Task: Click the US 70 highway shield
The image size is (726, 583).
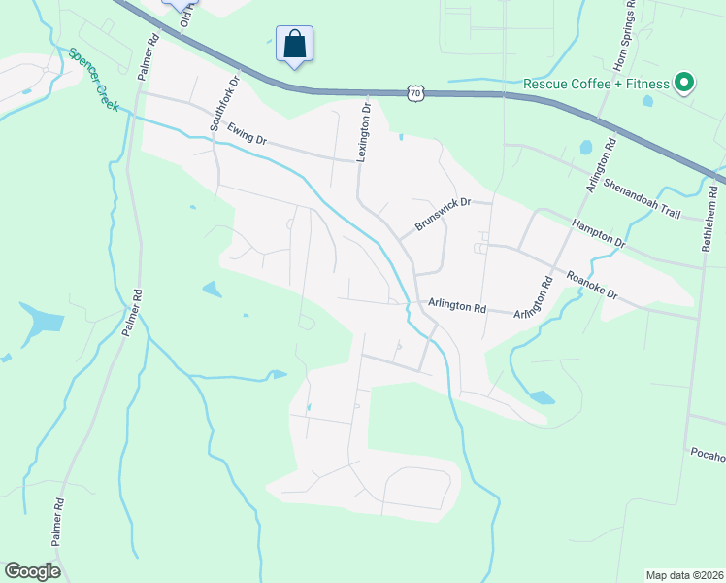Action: [x=415, y=92]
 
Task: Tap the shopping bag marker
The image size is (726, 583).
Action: [x=295, y=45]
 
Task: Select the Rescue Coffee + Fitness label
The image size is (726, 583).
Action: [x=596, y=84]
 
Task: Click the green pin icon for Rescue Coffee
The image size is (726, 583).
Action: [x=683, y=83]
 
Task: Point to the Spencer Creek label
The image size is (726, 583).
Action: [x=93, y=79]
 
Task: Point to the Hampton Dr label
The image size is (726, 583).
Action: [x=599, y=234]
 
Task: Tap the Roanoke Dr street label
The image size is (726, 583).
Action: [x=592, y=289]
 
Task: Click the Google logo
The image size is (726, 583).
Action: [x=32, y=570]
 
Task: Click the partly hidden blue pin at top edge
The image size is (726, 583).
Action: [x=178, y=4]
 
